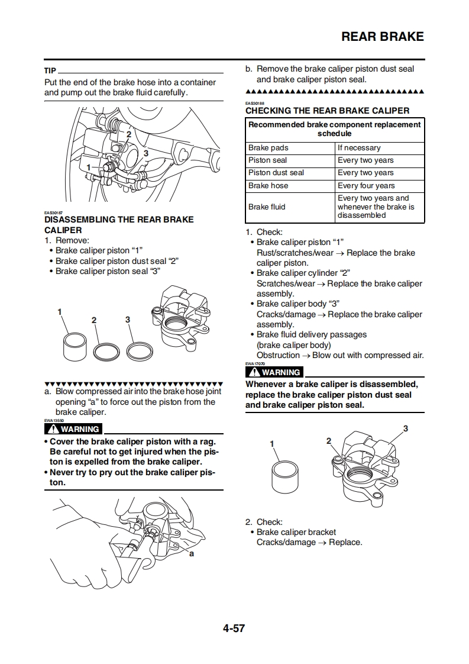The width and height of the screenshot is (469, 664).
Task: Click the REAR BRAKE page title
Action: pyautogui.click(x=383, y=37)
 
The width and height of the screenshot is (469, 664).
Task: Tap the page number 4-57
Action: pyautogui.click(x=234, y=628)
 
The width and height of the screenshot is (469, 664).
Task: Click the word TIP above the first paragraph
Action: pyautogui.click(x=50, y=71)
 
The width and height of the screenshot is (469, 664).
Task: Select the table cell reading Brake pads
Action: pyautogui.click(x=269, y=148)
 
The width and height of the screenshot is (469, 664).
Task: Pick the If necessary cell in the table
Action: pyautogui.click(x=359, y=148)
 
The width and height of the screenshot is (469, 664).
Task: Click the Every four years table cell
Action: pyautogui.click(x=366, y=186)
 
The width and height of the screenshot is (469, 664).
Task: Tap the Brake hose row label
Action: pyautogui.click(x=269, y=186)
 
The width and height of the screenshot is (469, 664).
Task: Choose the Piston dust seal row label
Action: pyautogui.click(x=276, y=173)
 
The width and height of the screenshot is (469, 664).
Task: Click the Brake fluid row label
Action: pyautogui.click(x=267, y=207)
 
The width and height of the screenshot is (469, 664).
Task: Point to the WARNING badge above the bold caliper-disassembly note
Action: pyautogui.click(x=275, y=372)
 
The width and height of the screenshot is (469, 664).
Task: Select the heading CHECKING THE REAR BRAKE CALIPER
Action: pyautogui.click(x=327, y=111)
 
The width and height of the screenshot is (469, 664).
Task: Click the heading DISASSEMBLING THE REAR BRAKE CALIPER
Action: pyautogui.click(x=119, y=224)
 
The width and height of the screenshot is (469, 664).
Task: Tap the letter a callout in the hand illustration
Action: pyautogui.click(x=192, y=555)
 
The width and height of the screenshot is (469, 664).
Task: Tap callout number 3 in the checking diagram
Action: pyautogui.click(x=406, y=428)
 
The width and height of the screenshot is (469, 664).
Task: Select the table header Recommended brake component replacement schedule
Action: pyautogui.click(x=335, y=129)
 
